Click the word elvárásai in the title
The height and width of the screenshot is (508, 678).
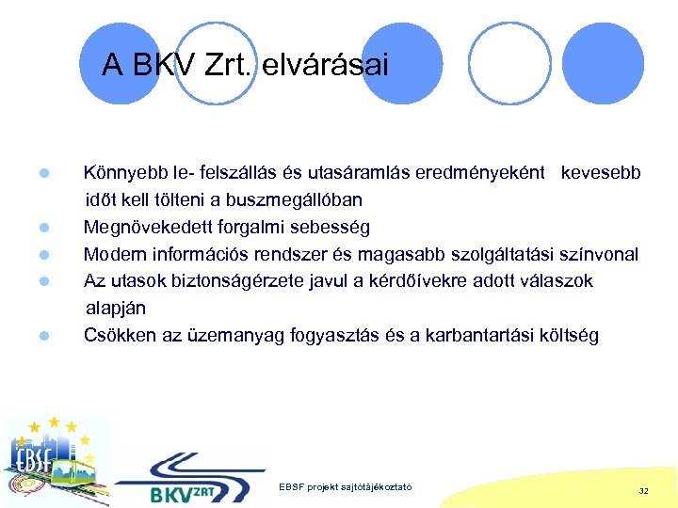pos(324,65)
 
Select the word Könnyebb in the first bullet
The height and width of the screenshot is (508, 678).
pos(125,173)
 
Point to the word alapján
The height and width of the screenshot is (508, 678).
pos(116,308)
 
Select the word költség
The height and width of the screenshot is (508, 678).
pos(563,335)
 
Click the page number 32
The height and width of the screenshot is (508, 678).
pos(643,490)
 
